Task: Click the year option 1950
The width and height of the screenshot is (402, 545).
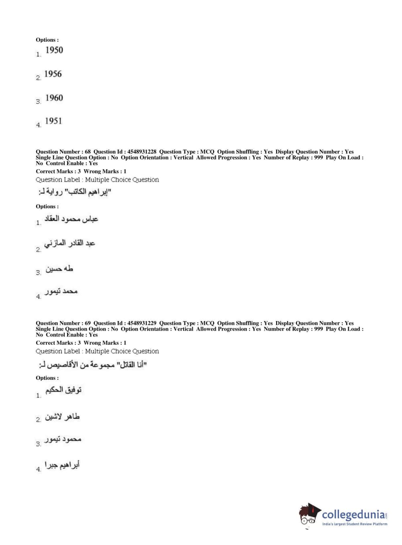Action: coord(54,50)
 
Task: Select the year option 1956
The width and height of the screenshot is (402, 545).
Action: coord(53,74)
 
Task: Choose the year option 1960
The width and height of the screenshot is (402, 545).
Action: coord(54,98)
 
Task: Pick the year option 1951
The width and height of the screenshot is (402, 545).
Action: coord(53,121)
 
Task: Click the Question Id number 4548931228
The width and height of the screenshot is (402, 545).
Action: coord(142,152)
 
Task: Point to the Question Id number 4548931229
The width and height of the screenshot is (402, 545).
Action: coord(142,323)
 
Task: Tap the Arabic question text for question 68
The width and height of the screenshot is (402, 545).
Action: coord(75,193)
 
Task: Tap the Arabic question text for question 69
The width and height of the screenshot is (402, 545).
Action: coord(93,365)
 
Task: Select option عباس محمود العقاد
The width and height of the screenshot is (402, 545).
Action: coord(71,219)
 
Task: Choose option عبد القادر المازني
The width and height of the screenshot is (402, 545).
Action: coord(69,244)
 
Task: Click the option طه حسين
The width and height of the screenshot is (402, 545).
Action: coord(59,269)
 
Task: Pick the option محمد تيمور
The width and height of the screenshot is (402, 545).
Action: coord(61,292)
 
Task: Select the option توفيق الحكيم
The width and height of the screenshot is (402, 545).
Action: coord(63,390)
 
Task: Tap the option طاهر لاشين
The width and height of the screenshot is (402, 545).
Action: coord(62,417)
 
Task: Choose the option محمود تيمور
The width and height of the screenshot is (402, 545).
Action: coord(63,439)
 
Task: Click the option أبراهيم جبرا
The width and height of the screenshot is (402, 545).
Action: coord(62,465)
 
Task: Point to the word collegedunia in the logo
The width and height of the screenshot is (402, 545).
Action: coord(353,514)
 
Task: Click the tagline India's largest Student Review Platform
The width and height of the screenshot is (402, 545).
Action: coord(355,524)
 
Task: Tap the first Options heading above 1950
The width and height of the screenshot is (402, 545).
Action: coord(47,40)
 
